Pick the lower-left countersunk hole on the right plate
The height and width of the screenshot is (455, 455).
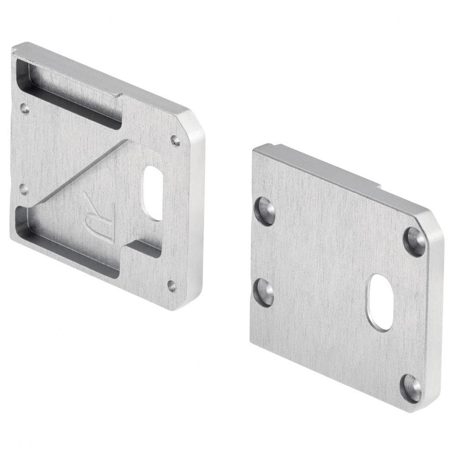(264, 292)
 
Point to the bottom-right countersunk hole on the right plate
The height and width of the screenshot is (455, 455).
(410, 388)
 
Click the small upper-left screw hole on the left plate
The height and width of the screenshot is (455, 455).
(25, 109)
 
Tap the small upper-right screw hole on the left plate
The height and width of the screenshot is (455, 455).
(175, 140)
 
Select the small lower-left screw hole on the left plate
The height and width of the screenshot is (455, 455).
(25, 189)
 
